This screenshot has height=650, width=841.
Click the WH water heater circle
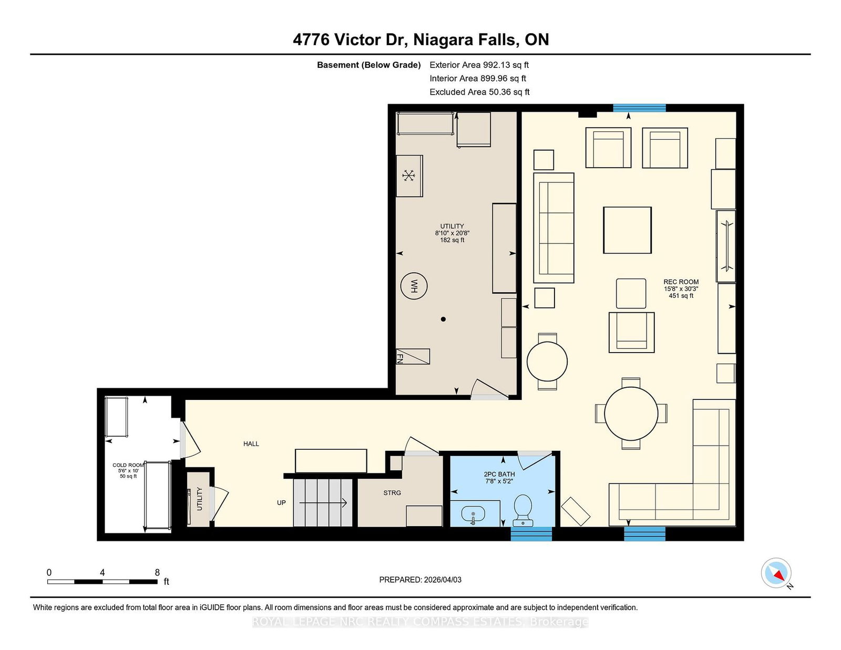pos(414,286)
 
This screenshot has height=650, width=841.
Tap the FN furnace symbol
pos(413,356)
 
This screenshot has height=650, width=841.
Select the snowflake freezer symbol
pos(408,176)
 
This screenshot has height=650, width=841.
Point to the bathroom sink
pos(473,514)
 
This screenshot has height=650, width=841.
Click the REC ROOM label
pos(681,282)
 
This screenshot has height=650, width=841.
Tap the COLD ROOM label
pos(128,465)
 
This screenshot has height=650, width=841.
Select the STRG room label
pos(392,493)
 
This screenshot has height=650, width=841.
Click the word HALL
pos(251,444)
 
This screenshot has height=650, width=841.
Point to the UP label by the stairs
pos(281,502)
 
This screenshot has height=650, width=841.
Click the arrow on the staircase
pos(323,503)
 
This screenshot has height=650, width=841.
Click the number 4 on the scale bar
pos(102,573)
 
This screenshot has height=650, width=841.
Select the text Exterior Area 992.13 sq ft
pos(479,65)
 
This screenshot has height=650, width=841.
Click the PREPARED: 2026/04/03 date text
pos(420,580)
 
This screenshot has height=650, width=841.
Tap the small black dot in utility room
pos(443,319)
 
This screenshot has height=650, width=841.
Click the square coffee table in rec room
pos(628,230)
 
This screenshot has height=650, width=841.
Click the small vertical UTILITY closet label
pos(199,499)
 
